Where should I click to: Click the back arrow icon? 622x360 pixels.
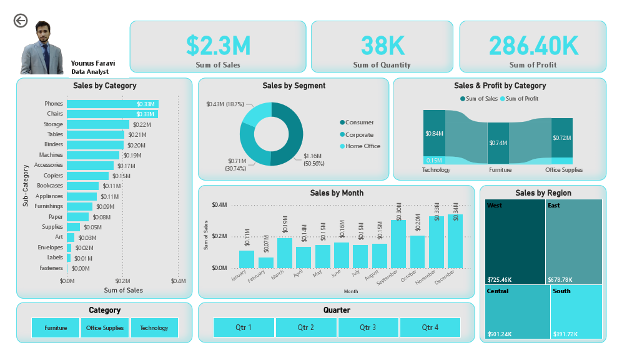pos(21,21)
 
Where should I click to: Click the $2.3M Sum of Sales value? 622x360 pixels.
pos(218,46)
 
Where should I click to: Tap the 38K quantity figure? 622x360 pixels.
pos(382,46)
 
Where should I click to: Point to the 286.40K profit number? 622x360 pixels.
pos(533,46)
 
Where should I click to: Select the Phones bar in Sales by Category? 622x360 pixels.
pos(112,104)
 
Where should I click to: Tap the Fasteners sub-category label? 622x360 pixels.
pos(51,268)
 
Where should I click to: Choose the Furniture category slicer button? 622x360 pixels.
pos(56,328)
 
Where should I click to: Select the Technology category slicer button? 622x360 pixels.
pos(154,328)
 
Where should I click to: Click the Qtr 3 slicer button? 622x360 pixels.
pos(368,327)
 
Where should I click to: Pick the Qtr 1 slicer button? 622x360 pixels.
pos(244,327)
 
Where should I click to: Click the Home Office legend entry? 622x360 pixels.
pos(362,146)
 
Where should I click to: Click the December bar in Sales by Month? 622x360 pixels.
pos(455,241)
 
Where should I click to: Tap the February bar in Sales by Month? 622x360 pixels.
pos(266,262)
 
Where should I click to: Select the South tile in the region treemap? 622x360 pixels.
pos(576,311)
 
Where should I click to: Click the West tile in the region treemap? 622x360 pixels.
pos(515,241)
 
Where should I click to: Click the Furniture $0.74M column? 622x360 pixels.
pos(498,143)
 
